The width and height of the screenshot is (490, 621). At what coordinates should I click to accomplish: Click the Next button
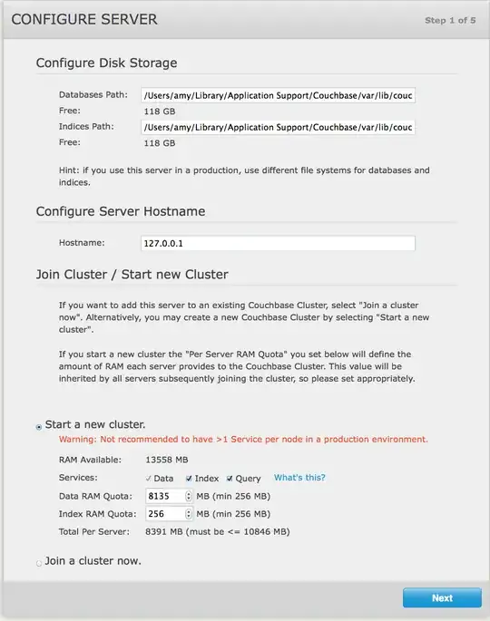point(442,598)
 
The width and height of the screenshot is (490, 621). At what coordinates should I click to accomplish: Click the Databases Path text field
point(278,95)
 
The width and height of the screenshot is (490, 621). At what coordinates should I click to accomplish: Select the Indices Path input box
point(278,127)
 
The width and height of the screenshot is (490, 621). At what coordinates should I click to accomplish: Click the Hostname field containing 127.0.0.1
point(278,243)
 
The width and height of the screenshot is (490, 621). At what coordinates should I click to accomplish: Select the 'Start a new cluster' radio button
point(38,426)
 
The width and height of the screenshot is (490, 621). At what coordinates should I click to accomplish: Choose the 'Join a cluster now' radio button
point(38,563)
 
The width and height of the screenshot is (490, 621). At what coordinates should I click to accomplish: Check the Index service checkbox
point(189,478)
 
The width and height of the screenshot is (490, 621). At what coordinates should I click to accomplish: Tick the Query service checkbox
point(230,478)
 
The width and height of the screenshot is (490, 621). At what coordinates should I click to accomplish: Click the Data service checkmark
point(148,478)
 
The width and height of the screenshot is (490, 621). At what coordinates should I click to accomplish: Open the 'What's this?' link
point(299,478)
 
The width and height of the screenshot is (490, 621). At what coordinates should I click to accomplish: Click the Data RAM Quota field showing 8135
point(163,496)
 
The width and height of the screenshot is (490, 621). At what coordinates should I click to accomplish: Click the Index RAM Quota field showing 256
point(163,513)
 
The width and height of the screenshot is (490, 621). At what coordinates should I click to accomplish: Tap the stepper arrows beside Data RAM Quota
point(189,496)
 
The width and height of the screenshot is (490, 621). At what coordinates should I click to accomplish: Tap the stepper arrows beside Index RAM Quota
point(189,513)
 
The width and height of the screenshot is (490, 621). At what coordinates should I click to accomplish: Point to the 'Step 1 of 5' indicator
point(450,20)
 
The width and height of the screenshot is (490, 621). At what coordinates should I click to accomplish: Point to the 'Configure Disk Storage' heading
point(106,63)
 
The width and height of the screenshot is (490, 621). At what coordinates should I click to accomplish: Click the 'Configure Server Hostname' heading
point(120,211)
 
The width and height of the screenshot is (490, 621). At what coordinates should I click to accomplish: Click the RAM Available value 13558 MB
point(166,460)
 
